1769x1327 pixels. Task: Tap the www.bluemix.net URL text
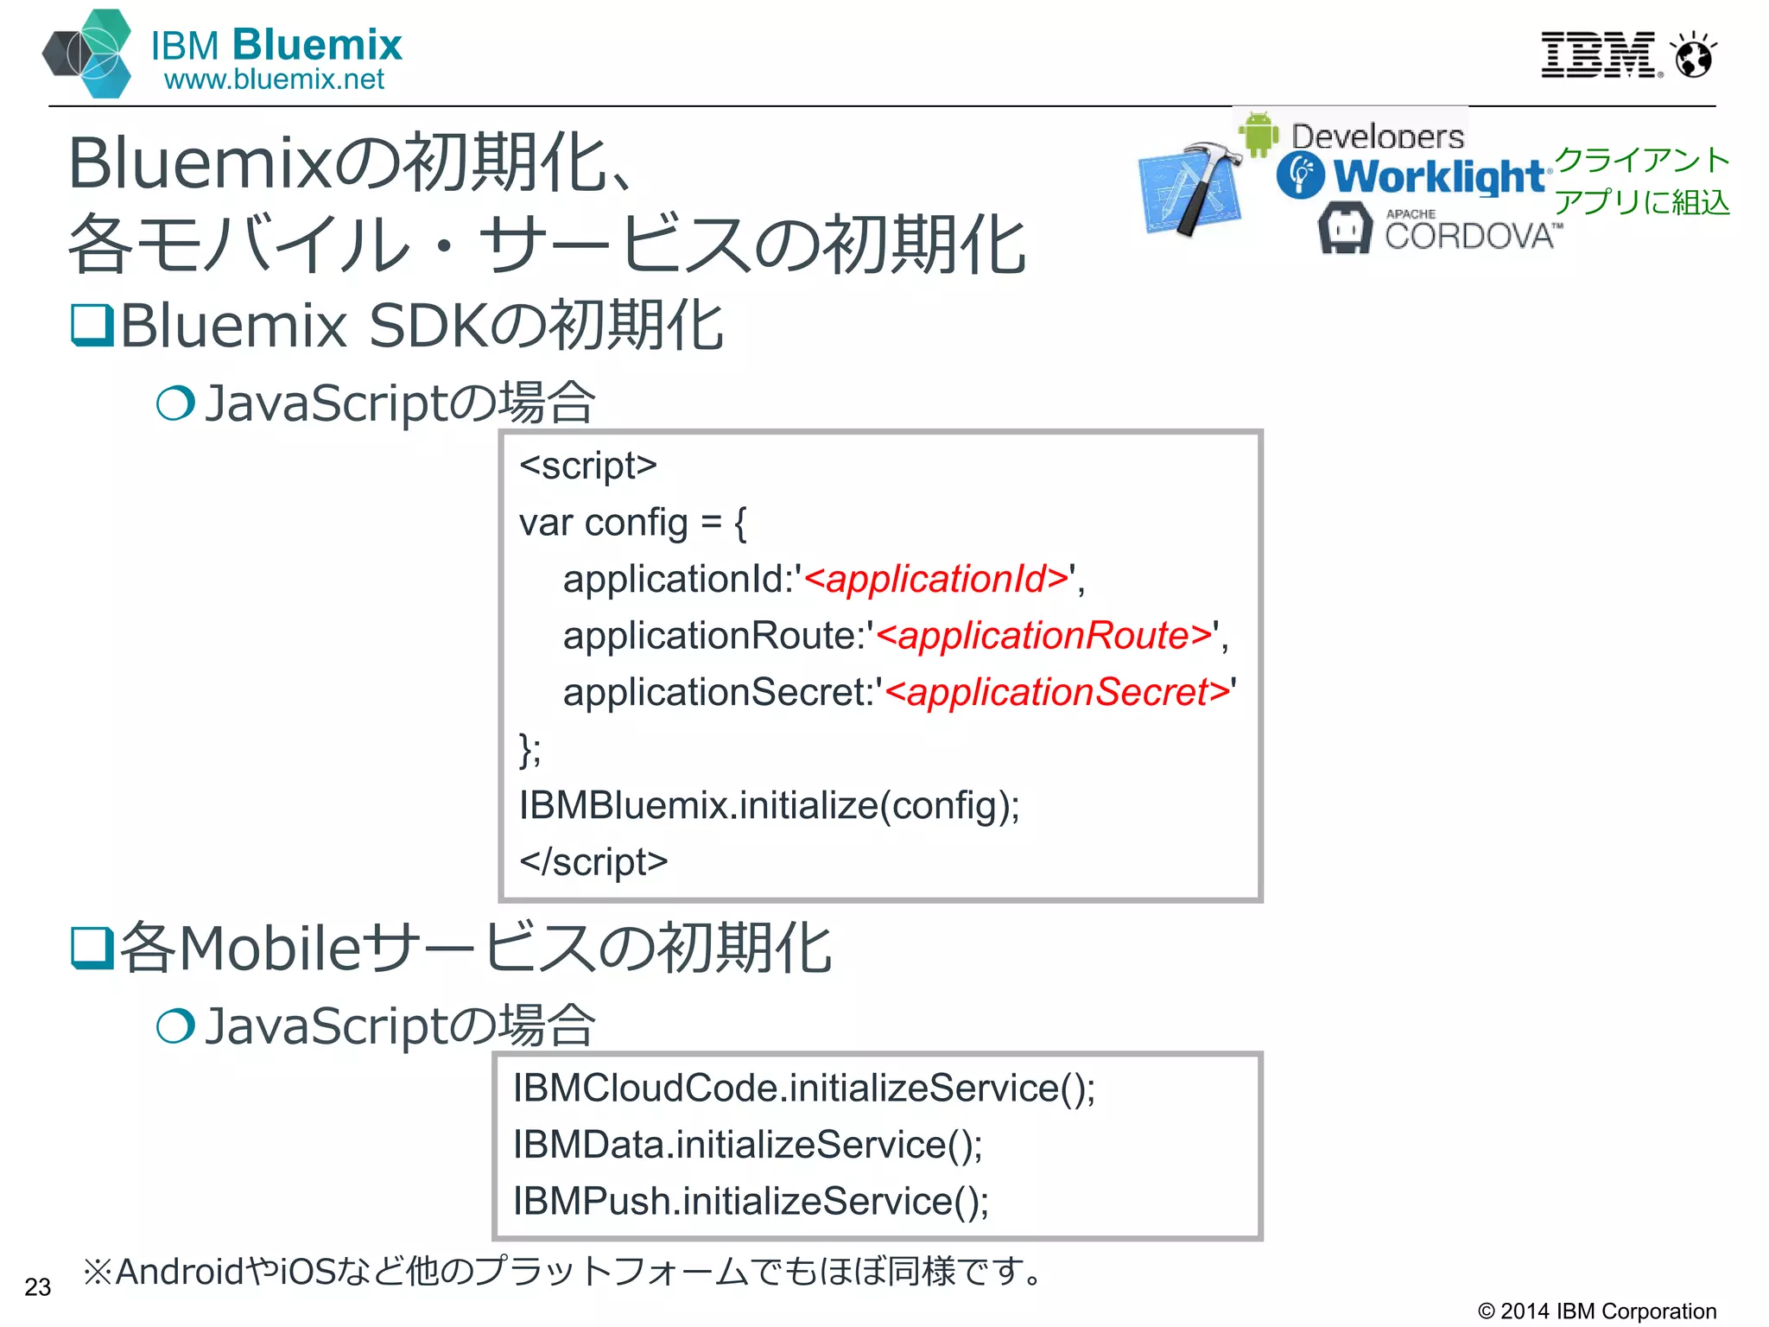274,79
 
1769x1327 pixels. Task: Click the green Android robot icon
1259,134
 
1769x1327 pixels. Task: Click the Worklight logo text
1437,176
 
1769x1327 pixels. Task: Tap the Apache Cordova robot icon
1344,228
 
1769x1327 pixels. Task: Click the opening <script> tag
588,466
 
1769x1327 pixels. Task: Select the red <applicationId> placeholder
937,579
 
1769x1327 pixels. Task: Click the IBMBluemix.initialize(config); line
769,805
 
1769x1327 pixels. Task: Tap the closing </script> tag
593,861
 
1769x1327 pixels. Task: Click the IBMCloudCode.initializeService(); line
803,1088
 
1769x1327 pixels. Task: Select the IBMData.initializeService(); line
747,1145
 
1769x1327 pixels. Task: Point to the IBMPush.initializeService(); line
751,1201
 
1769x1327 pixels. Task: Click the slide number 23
38,1287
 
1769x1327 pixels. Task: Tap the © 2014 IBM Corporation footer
1597,1311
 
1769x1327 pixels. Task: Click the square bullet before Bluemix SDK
92,326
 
